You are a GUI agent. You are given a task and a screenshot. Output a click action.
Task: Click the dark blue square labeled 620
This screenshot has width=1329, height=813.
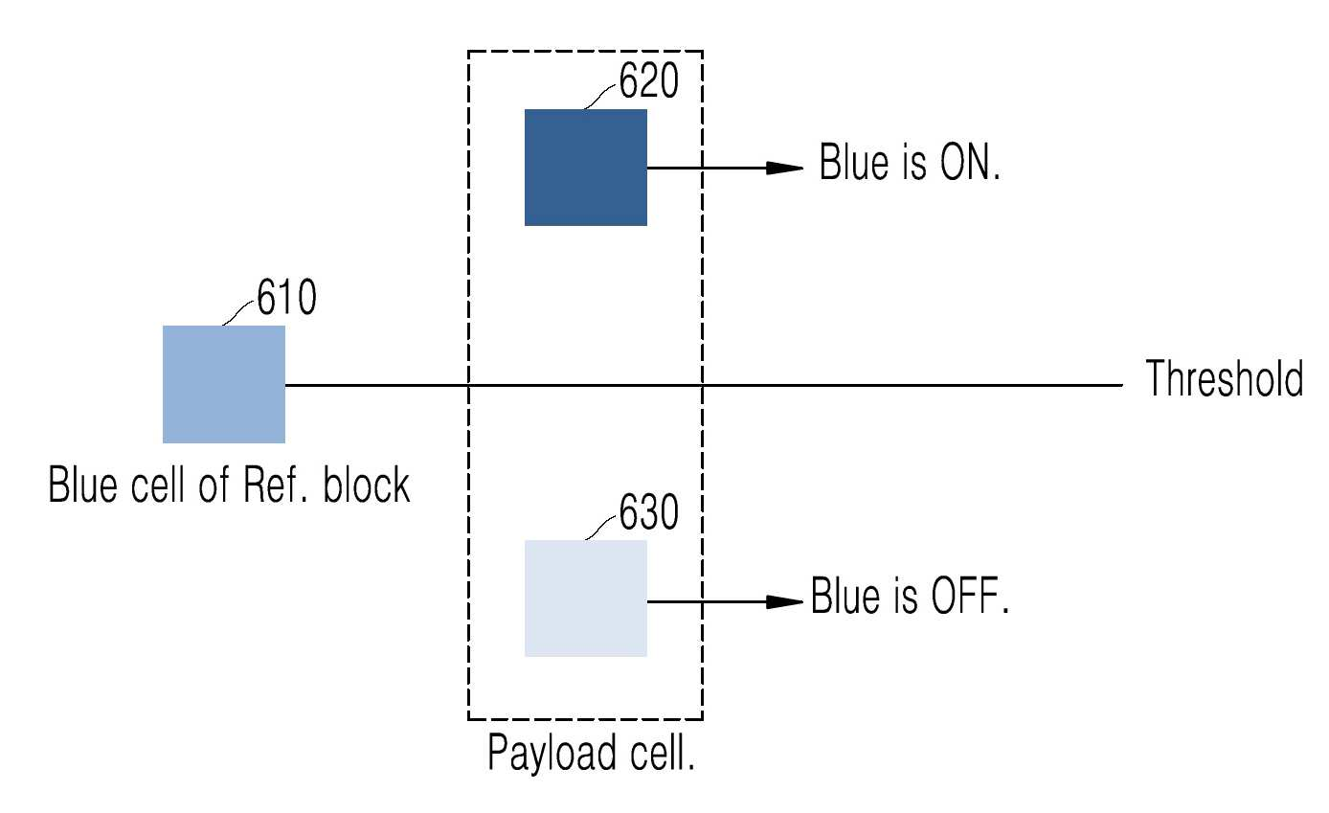click(586, 168)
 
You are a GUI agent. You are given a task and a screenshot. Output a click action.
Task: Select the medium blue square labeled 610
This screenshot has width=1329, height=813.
click(224, 384)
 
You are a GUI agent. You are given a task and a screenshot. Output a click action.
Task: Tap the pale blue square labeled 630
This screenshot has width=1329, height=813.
click(586, 598)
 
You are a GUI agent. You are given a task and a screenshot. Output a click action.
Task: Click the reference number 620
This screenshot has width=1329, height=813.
click(648, 80)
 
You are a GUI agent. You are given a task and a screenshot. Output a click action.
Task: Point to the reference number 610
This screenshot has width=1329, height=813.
click(286, 297)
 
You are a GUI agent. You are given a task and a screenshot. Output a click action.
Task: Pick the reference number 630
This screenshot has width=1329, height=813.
click(648, 511)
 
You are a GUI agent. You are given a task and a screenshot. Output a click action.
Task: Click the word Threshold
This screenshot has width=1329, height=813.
click(1225, 378)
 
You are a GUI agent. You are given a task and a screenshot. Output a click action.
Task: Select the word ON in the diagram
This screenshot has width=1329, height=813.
click(969, 162)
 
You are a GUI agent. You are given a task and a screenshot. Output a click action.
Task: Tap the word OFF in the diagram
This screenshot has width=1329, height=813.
click(969, 595)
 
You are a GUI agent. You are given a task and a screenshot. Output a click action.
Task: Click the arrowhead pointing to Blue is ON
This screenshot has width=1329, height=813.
click(784, 168)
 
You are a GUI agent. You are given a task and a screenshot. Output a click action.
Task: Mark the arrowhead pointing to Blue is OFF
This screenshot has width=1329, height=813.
click(784, 601)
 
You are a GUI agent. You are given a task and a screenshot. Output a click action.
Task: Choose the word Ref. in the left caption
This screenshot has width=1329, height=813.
click(276, 485)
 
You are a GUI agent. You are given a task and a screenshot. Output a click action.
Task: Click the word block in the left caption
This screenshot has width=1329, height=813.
click(366, 485)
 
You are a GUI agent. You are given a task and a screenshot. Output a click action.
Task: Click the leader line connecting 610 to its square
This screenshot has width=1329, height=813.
click(238, 313)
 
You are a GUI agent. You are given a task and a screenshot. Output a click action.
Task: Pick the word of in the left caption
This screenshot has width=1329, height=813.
click(214, 485)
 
